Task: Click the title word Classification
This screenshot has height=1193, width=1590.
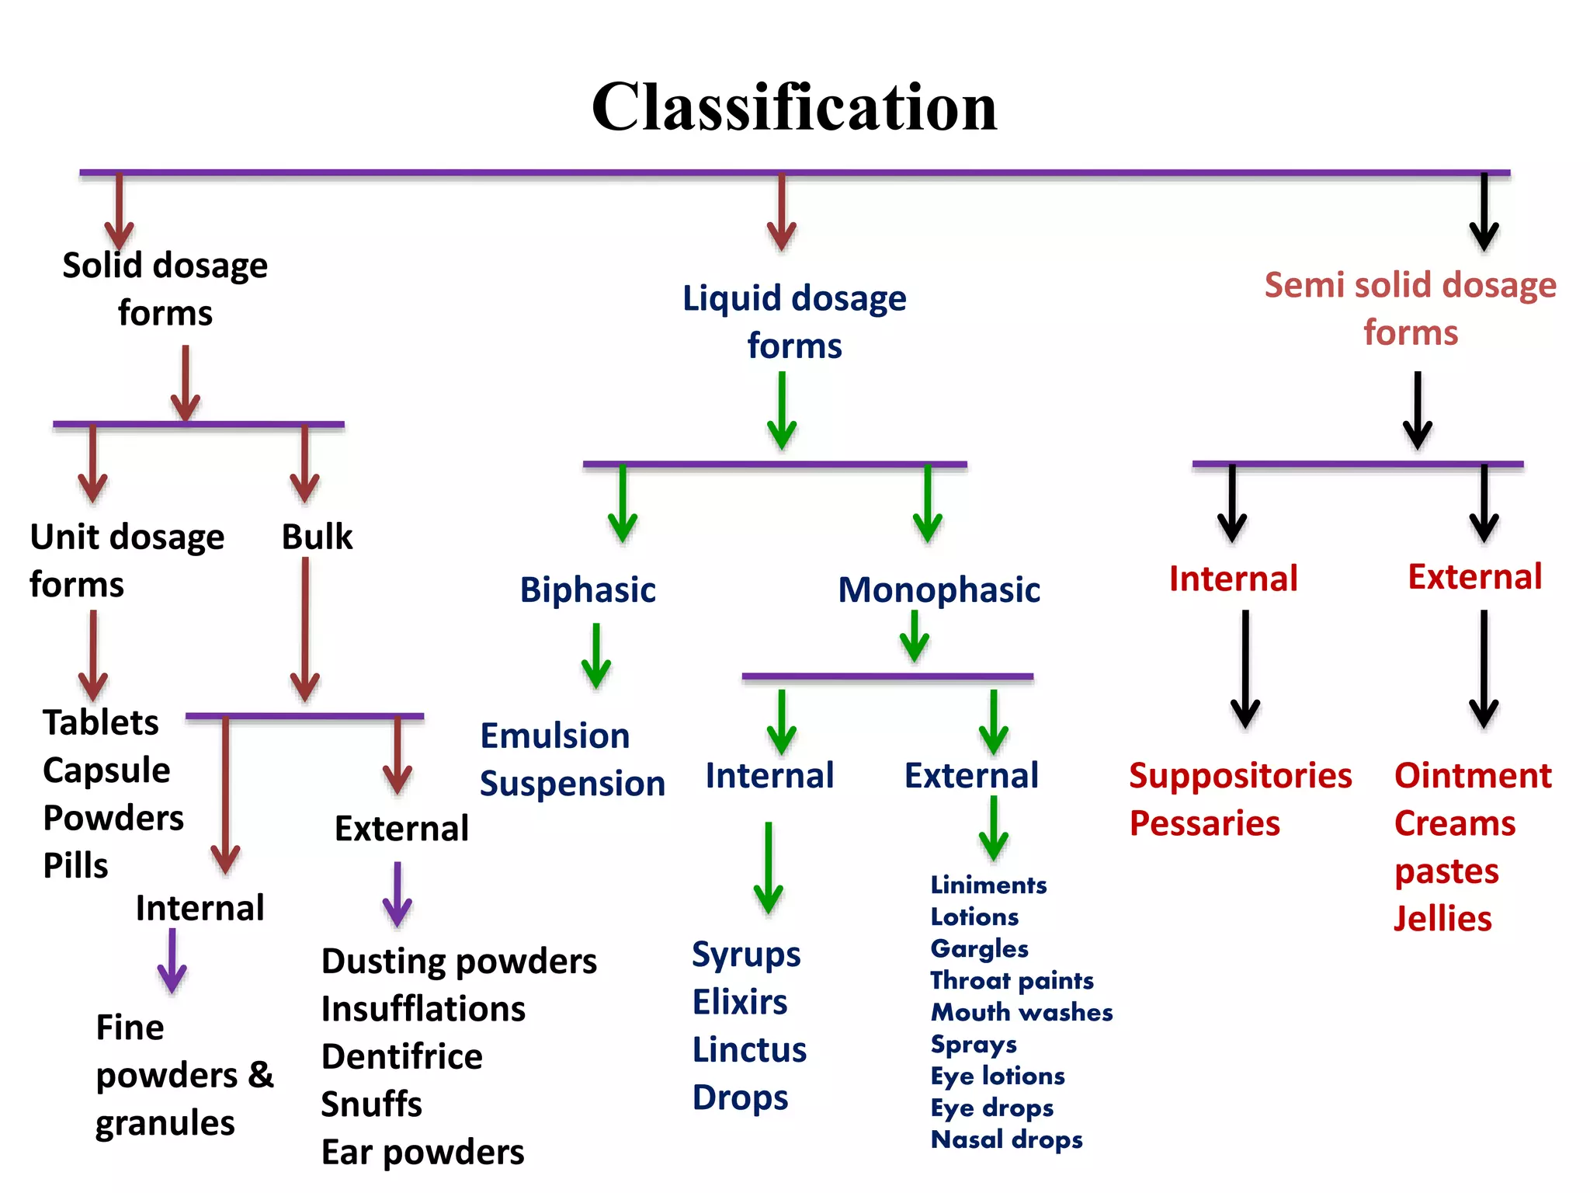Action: tap(793, 107)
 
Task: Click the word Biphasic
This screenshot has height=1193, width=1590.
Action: tap(588, 590)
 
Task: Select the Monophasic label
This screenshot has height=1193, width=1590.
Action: tap(939, 590)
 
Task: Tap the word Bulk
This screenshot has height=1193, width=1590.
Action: tap(317, 537)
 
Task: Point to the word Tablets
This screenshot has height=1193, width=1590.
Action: tap(100, 723)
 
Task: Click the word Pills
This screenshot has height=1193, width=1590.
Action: tap(75, 866)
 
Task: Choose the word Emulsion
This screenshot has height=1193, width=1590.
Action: tap(554, 736)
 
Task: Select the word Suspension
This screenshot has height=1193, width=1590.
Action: tap(572, 784)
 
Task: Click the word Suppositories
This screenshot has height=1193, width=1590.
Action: tap(1240, 776)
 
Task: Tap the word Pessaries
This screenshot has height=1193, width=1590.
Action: tap(1204, 823)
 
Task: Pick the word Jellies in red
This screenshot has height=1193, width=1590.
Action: tap(1442, 919)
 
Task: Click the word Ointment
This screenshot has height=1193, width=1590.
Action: tap(1473, 776)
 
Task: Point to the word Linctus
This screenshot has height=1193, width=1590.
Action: tap(749, 1050)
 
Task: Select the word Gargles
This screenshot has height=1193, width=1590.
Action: tap(979, 949)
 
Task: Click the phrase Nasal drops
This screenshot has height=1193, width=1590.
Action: tap(1006, 1139)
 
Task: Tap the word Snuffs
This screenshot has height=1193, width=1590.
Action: tap(371, 1104)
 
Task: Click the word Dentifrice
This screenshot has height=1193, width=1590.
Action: tap(401, 1057)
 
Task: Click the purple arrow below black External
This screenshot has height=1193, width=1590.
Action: tap(397, 895)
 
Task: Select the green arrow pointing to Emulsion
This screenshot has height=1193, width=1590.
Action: tap(596, 656)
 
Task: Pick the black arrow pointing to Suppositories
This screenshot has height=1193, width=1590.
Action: tap(1245, 669)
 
